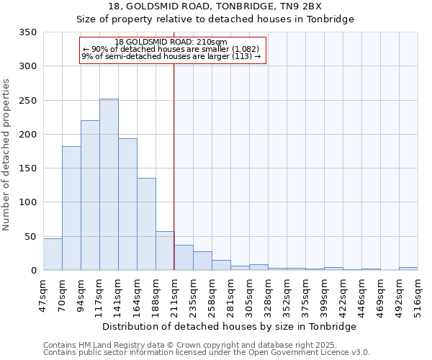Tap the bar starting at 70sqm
(x=71, y=208)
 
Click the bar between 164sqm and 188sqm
(x=146, y=224)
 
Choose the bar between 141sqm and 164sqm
(x=127, y=204)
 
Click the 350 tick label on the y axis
(x=28, y=32)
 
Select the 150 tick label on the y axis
(x=28, y=168)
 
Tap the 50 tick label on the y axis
(x=31, y=237)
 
